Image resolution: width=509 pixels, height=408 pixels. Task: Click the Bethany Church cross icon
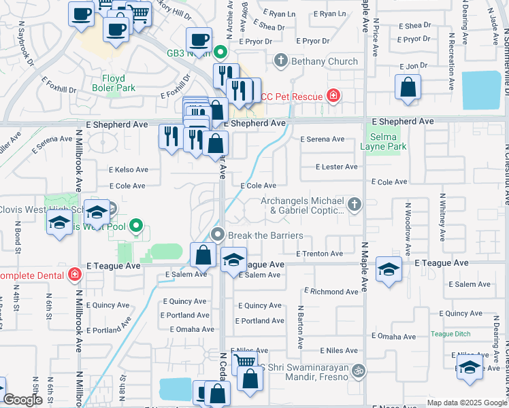click(280, 61)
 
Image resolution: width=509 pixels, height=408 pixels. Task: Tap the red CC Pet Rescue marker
click(333, 97)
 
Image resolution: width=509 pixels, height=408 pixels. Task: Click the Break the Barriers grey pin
click(218, 235)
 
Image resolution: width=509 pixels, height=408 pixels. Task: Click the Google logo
click(22, 400)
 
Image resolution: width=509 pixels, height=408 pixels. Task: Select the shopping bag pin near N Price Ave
click(408, 88)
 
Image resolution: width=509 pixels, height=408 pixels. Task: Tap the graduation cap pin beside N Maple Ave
click(389, 269)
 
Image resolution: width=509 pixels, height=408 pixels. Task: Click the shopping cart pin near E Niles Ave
click(244, 362)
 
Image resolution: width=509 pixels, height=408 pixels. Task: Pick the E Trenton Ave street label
click(319, 254)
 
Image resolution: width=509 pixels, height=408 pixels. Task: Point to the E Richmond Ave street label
click(331, 291)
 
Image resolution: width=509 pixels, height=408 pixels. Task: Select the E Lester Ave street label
click(337, 167)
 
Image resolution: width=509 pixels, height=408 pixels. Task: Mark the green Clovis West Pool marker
click(136, 226)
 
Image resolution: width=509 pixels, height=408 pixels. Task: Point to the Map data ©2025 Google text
click(466, 403)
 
